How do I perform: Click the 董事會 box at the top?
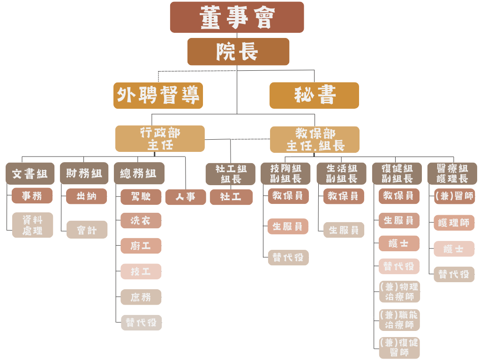click(237, 17)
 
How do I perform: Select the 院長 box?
click(238, 52)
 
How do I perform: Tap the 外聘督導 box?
click(158, 96)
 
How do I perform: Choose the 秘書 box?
click(314, 96)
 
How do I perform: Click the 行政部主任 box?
click(160, 139)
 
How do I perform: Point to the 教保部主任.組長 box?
click(315, 139)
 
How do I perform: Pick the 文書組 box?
click(30, 173)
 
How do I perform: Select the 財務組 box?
click(84, 173)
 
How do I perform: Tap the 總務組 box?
click(139, 173)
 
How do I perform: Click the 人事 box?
click(186, 197)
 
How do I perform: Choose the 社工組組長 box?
click(231, 174)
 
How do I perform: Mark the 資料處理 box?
click(32, 225)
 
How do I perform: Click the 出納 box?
click(86, 196)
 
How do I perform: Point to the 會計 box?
click(87, 230)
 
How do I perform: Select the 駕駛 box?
click(141, 197)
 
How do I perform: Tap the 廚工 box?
click(141, 246)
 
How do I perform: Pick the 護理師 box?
click(454, 223)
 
